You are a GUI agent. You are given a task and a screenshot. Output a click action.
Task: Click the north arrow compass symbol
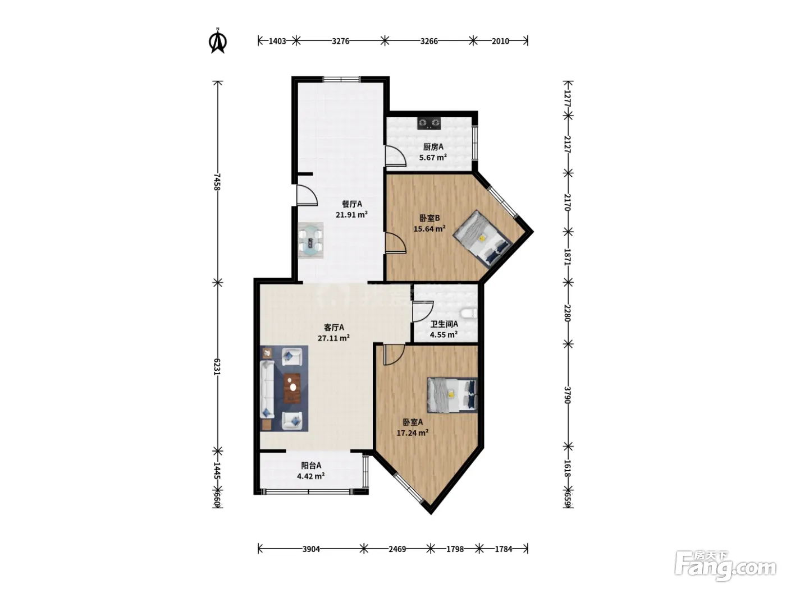218,41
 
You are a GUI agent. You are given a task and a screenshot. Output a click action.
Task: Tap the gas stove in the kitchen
429,123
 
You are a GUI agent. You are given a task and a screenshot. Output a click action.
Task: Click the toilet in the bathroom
469,314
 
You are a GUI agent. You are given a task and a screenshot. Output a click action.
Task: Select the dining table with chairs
311,240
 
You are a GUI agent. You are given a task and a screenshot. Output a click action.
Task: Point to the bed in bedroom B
482,238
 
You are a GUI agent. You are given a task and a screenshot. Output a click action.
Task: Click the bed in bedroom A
453,395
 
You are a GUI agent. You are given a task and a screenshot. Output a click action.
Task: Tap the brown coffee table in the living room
293,388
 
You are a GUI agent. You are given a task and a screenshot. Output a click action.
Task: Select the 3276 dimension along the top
340,41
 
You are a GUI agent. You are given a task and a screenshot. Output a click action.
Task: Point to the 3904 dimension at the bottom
311,549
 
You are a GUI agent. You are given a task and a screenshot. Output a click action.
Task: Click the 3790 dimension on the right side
567,395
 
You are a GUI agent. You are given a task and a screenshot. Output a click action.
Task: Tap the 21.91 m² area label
351,215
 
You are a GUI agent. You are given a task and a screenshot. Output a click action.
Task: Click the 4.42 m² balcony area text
311,476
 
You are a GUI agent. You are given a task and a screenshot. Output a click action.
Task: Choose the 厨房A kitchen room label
433,146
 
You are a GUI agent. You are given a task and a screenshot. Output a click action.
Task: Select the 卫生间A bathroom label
444,324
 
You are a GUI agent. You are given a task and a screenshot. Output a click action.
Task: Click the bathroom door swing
423,311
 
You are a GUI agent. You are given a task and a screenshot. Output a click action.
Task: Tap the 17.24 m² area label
413,432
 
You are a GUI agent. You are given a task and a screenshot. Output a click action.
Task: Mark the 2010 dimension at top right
500,41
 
